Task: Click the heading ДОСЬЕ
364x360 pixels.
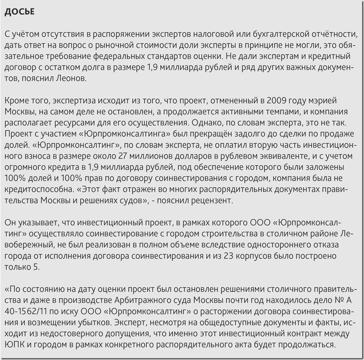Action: [19, 12]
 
